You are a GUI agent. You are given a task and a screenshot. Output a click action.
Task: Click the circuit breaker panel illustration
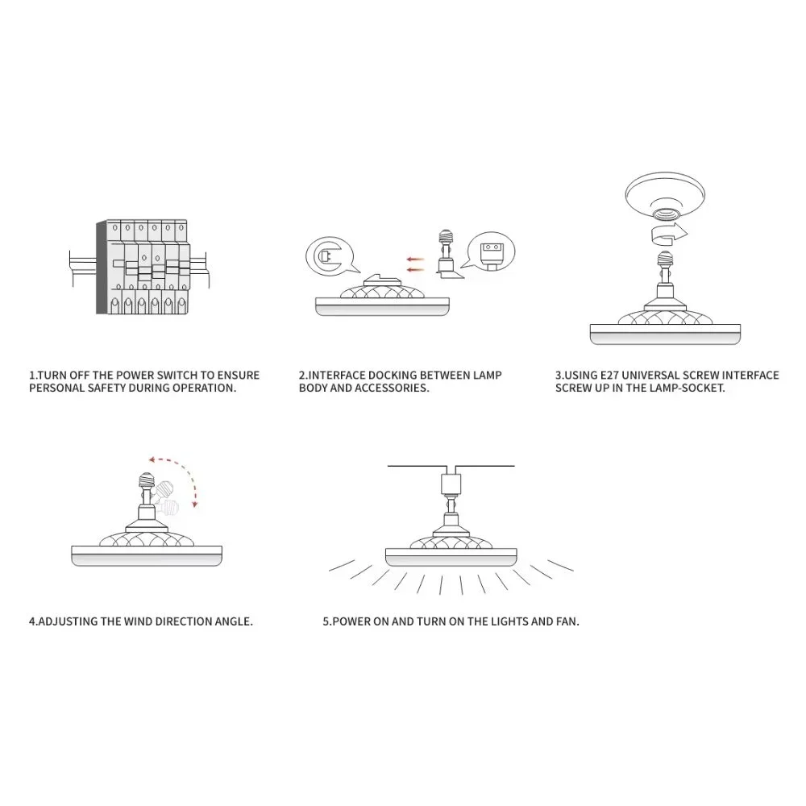tap(139, 267)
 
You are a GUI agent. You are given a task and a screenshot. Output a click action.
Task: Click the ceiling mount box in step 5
tap(451, 482)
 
